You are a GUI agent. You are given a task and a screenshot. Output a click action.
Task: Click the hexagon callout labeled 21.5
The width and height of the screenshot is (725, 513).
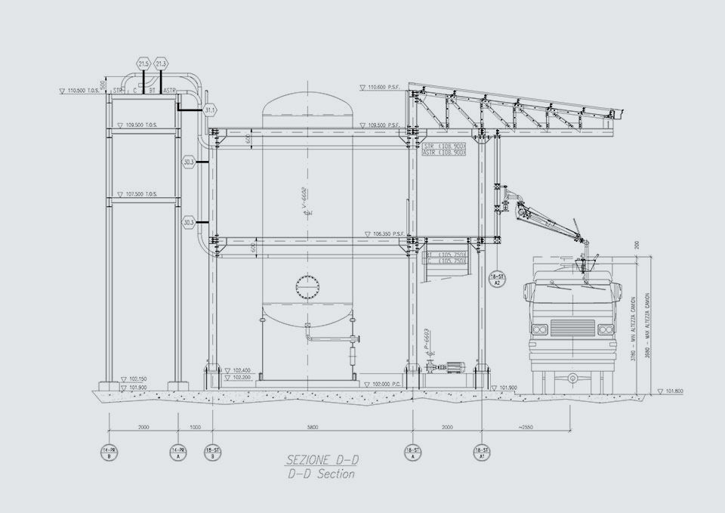coord(144,64)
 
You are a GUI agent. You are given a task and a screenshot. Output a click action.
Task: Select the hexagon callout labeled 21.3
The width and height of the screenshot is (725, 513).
coord(161,64)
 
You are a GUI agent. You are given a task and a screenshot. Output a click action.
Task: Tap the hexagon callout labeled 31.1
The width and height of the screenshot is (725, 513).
coord(210,110)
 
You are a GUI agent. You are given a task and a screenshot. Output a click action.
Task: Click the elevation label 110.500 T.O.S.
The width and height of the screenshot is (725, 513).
coord(84,91)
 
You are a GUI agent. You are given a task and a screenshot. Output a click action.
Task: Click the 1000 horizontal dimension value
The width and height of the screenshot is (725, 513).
coord(195,428)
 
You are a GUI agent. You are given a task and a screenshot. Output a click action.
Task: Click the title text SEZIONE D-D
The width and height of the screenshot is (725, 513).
coord(320,459)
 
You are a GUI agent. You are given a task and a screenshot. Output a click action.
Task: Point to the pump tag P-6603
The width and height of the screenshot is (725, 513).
coord(427,341)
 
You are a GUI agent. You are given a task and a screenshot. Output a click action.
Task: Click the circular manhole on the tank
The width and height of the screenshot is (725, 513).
coord(307,288)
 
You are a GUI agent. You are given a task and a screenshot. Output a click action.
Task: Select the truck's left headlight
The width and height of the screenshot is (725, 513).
coord(540,330)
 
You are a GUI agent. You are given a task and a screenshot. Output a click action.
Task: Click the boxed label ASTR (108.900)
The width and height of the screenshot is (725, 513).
coord(443,153)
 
